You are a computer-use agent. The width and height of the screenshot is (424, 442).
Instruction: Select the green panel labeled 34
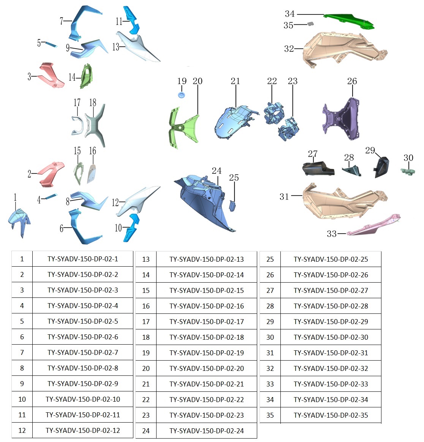349,20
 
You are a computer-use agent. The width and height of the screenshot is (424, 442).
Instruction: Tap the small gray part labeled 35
310,24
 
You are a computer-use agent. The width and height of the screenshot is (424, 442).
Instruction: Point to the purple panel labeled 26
341,119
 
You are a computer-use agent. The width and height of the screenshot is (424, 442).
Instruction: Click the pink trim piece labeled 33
373,226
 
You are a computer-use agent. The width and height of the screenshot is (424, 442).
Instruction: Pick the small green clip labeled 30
408,171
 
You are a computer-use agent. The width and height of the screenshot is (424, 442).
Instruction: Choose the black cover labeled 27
318,168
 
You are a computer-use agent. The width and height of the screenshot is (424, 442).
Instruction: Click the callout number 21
235,81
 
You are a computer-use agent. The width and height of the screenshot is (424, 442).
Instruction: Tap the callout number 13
116,46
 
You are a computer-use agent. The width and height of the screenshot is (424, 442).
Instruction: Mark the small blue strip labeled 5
52,45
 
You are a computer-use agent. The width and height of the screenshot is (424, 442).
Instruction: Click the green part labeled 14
87,76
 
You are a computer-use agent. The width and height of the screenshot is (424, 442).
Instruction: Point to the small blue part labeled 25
233,206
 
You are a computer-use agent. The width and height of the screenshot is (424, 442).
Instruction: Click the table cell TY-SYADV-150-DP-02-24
207,431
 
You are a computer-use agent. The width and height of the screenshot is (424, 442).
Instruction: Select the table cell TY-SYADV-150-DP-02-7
83,352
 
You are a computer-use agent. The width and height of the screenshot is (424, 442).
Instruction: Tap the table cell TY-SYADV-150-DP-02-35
331,415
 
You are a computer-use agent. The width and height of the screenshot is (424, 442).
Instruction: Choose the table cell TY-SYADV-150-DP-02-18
207,337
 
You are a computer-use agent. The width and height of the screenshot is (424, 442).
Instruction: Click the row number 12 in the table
22,431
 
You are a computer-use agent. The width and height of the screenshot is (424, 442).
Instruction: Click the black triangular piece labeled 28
352,170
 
